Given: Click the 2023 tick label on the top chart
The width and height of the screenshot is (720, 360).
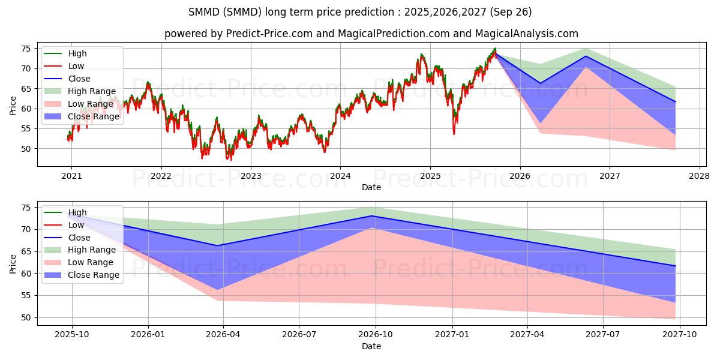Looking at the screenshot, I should (251, 176).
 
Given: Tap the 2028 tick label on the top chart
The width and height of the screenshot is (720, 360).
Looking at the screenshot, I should (700, 176).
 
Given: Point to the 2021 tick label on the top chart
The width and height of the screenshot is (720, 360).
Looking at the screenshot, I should (71, 176).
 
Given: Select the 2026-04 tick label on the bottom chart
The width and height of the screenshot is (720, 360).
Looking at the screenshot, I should (223, 335).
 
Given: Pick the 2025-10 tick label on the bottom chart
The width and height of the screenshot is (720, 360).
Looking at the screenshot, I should (72, 335).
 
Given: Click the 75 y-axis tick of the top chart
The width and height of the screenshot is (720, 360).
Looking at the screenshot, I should (26, 49).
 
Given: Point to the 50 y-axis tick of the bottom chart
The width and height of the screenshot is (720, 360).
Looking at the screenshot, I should (26, 317).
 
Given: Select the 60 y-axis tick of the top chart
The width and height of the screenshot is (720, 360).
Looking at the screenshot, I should (26, 109).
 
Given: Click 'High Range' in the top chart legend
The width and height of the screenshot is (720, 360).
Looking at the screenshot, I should (92, 91).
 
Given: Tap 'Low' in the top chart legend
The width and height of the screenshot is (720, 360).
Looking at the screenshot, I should (76, 66).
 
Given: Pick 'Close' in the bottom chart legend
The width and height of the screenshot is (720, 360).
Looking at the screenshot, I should (79, 238).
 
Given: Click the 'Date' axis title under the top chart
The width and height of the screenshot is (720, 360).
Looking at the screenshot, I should (371, 187).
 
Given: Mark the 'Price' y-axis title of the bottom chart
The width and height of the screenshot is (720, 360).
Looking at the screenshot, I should (13, 263).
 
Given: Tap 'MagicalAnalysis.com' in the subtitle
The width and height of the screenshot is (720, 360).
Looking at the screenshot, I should (526, 34).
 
